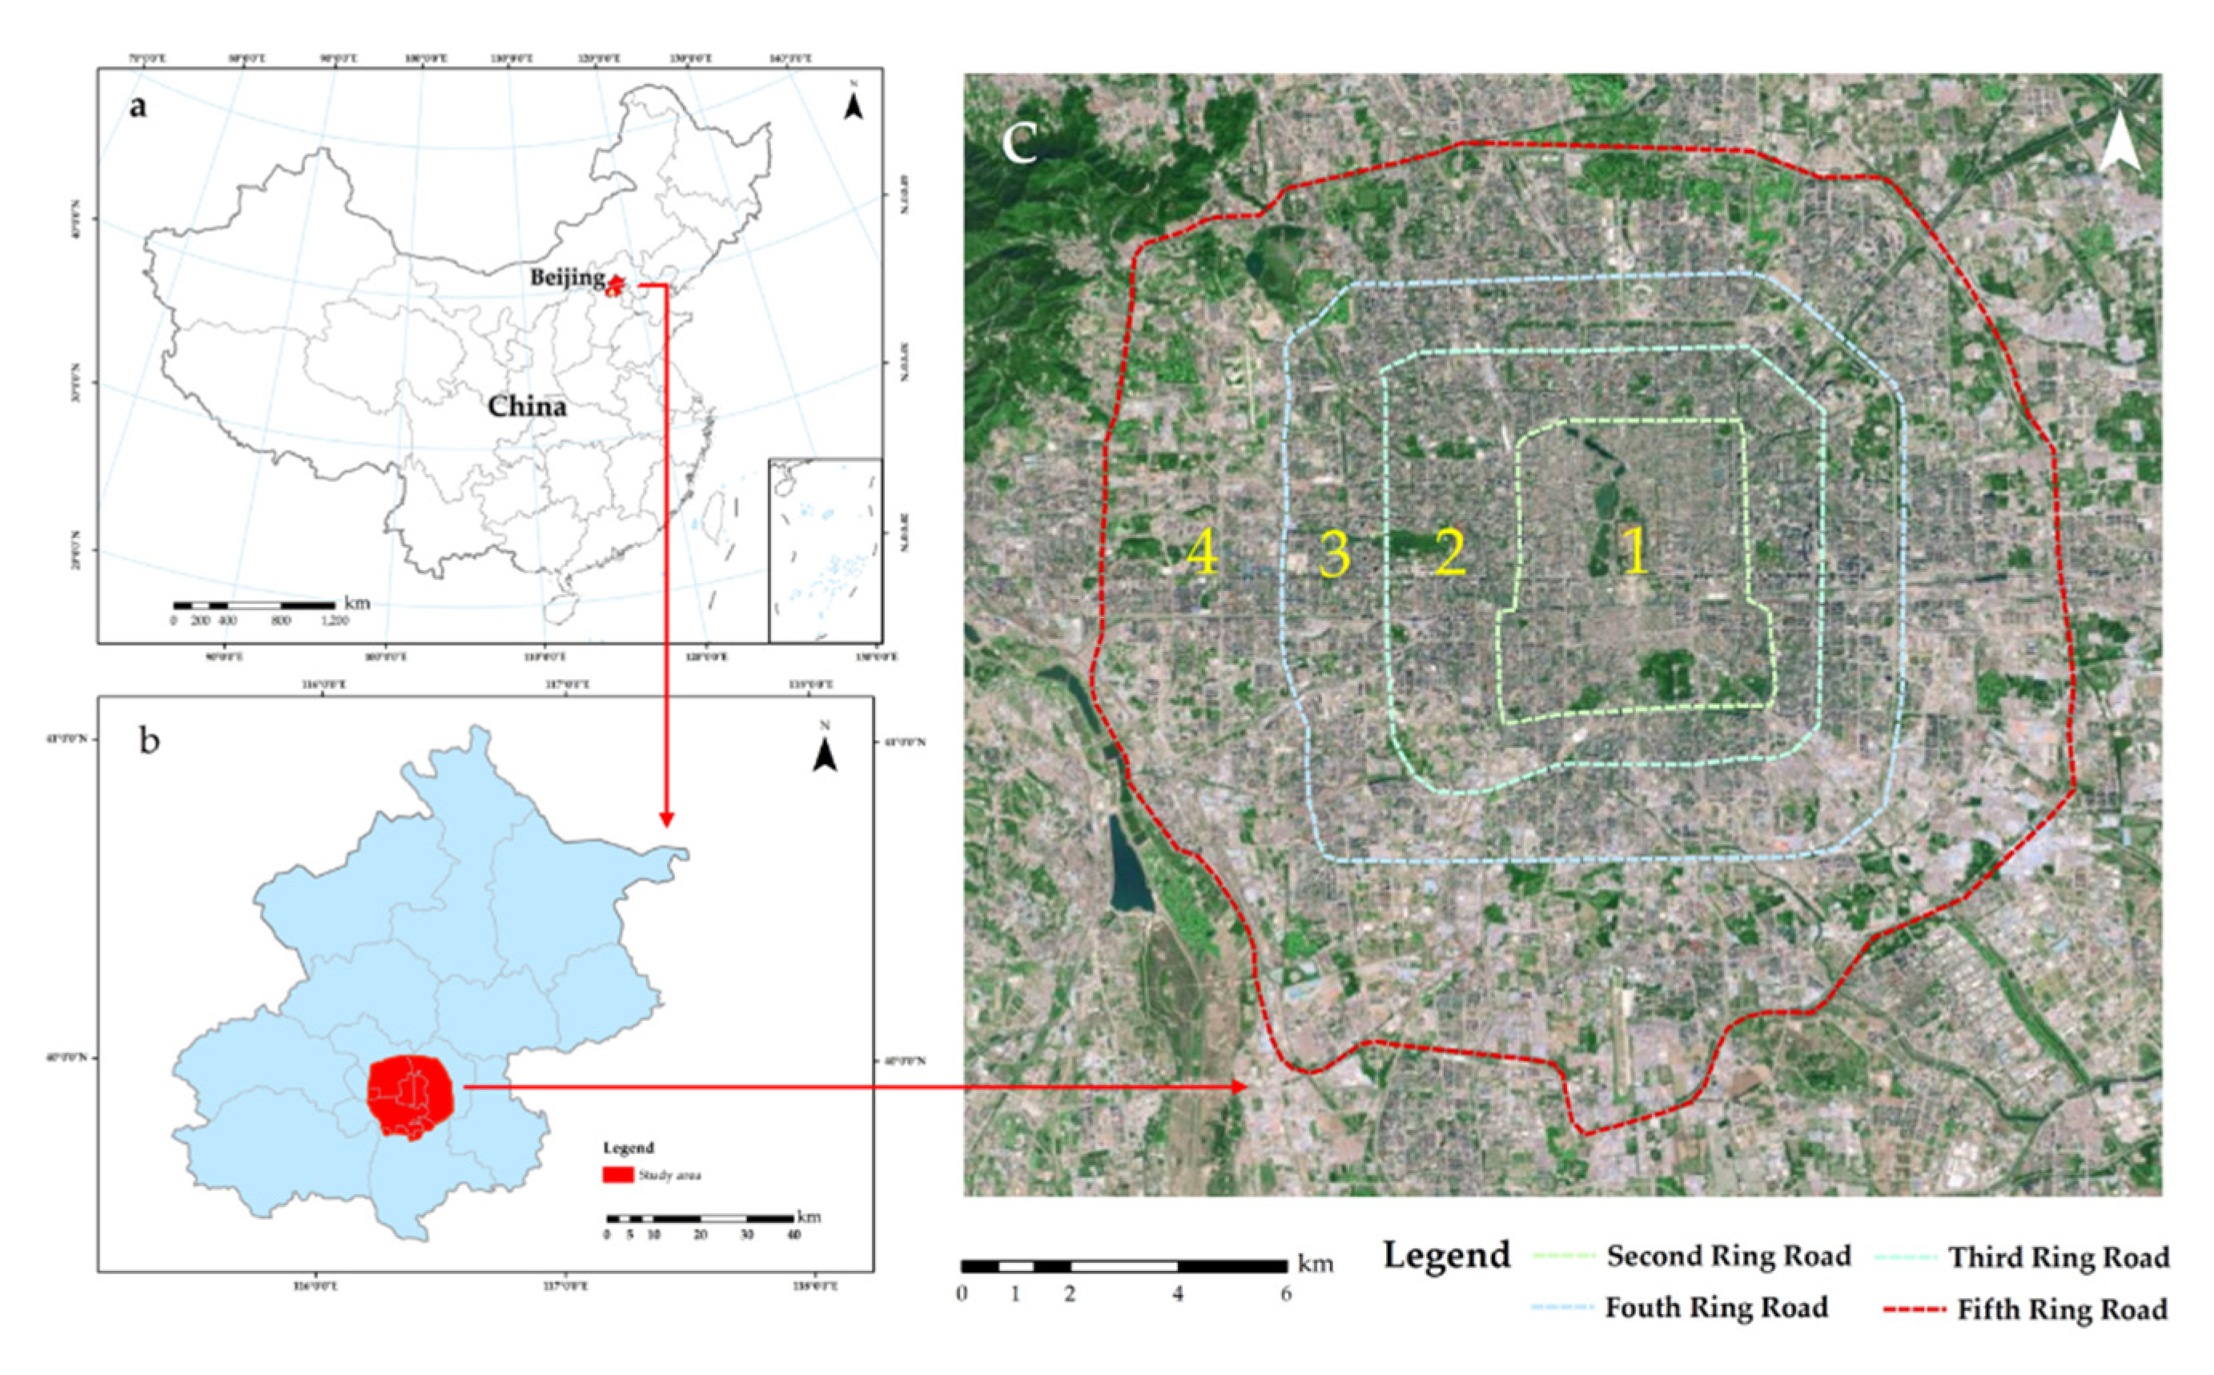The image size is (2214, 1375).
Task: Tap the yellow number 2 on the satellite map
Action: click(x=1450, y=550)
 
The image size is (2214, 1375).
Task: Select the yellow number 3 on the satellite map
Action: click(x=1334, y=553)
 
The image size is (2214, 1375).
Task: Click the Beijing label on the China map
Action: click(x=568, y=277)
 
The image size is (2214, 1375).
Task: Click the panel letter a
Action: click(x=137, y=107)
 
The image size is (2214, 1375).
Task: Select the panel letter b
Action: click(x=149, y=740)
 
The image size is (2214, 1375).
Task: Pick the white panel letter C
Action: click(x=1019, y=143)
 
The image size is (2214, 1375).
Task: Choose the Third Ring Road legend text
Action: click(x=2059, y=1258)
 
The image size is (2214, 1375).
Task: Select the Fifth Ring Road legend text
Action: click(x=2062, y=1309)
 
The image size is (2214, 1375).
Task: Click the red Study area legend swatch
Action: click(x=617, y=1174)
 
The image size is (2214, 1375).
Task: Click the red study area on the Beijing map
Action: click(x=411, y=1095)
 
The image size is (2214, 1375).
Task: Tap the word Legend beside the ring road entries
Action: click(x=1447, y=1255)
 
